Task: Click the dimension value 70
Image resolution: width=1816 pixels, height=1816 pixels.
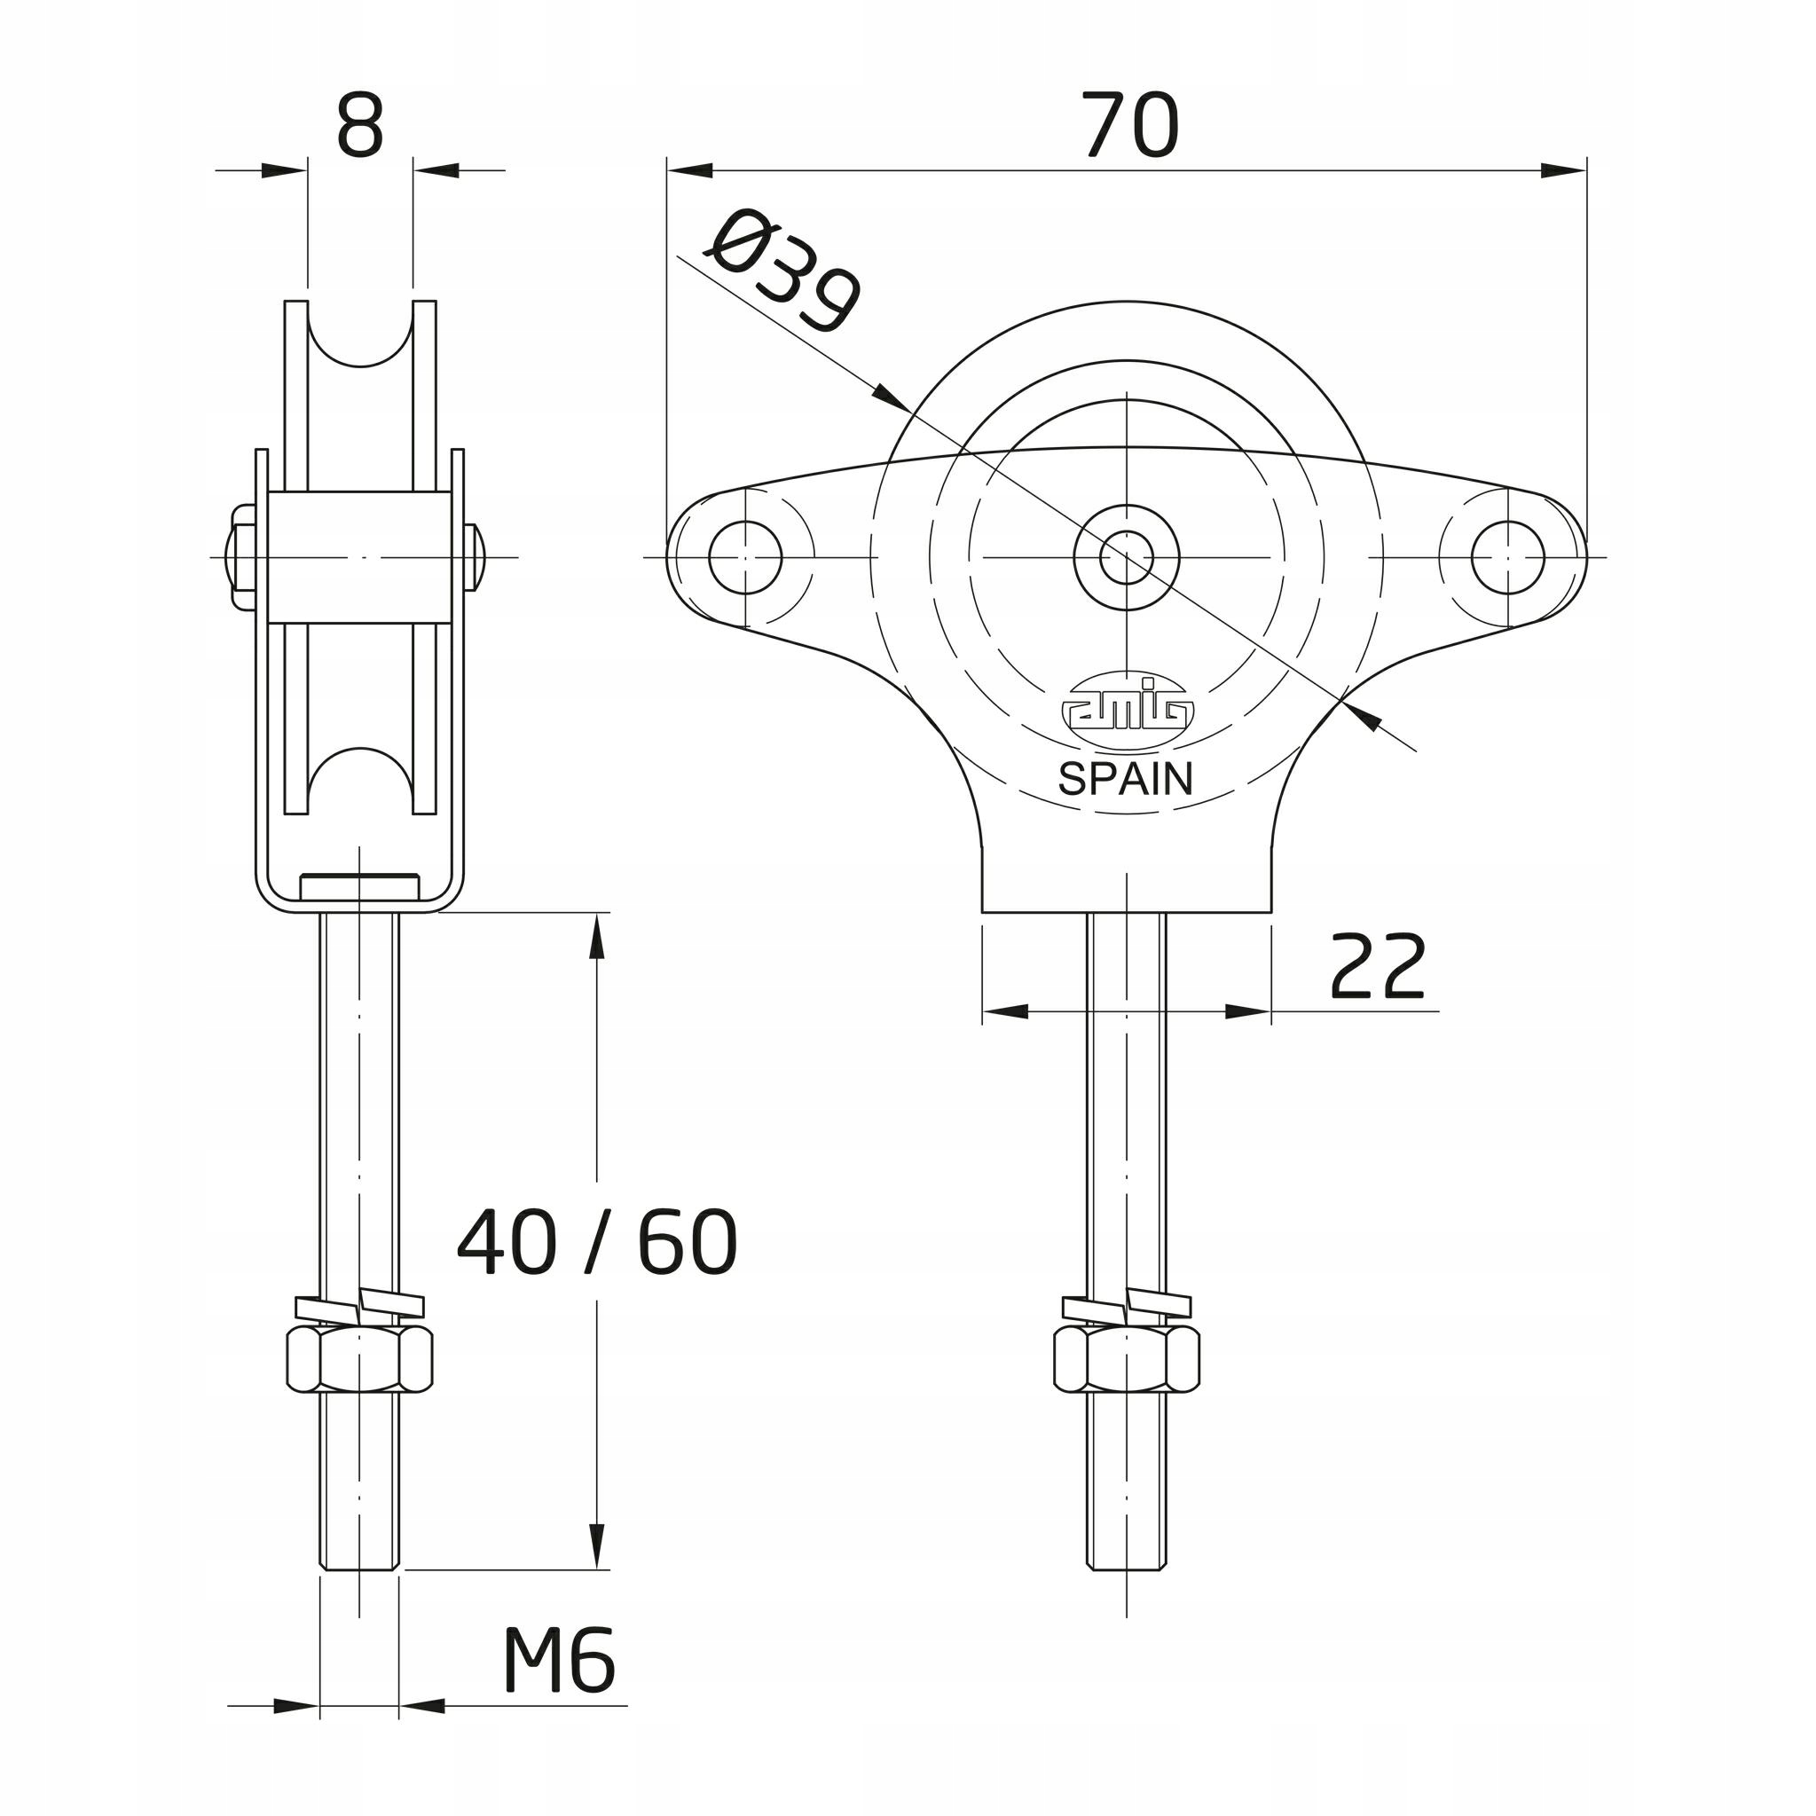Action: (1130, 125)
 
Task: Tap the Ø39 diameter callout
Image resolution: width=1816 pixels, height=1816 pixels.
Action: (782, 272)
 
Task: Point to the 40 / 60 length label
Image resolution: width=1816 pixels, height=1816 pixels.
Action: (597, 1242)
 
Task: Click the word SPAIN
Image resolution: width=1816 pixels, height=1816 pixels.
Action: (1125, 778)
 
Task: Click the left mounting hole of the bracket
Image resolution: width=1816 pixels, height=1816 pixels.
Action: (745, 557)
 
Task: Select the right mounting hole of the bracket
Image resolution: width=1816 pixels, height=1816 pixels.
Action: (1507, 557)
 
